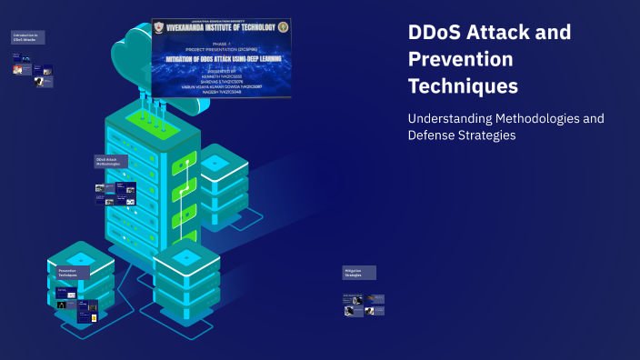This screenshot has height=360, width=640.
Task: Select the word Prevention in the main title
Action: (x=460, y=59)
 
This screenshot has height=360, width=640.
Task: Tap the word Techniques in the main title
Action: (x=463, y=86)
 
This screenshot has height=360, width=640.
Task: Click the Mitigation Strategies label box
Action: (x=359, y=273)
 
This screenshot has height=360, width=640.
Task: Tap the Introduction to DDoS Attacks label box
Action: (x=26, y=37)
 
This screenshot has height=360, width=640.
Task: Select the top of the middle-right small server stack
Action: (x=216, y=162)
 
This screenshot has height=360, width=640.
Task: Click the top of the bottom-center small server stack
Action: (x=186, y=257)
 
